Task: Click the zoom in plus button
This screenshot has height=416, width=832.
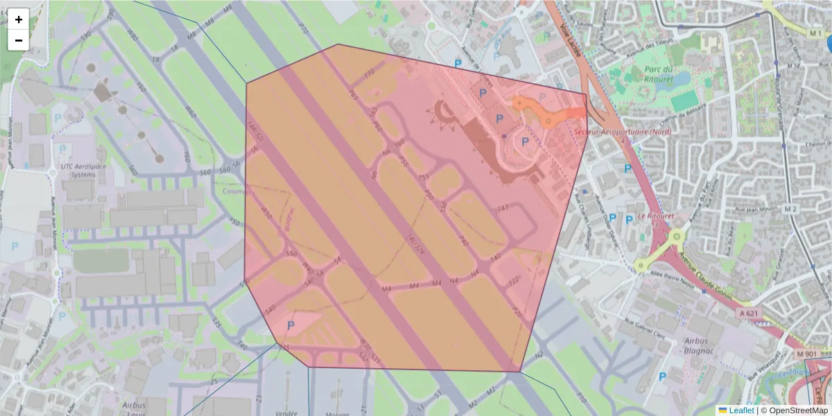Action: click(x=19, y=19)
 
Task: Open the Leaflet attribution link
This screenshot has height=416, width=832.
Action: click(x=741, y=410)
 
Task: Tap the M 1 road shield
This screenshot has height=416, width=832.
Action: click(x=815, y=33)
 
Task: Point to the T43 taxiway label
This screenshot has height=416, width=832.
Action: click(x=503, y=207)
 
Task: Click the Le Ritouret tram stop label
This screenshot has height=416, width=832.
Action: click(x=655, y=216)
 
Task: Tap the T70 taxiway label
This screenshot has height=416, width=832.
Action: click(x=369, y=72)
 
